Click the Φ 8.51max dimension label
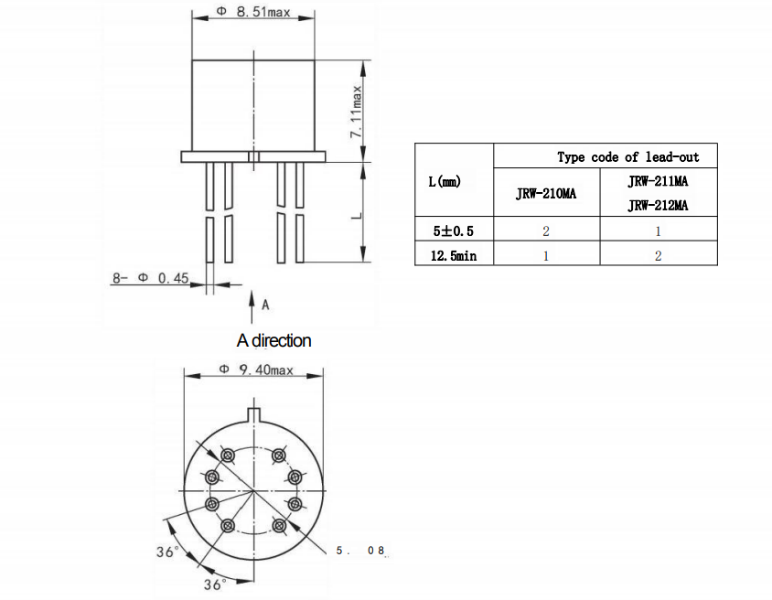tap(252, 14)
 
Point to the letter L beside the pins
tap(357, 216)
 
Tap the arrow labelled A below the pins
tap(253, 302)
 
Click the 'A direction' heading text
tap(273, 340)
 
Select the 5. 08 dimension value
tap(361, 551)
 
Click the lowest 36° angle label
tap(214, 584)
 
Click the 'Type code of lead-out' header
tap(627, 157)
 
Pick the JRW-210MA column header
tap(546, 194)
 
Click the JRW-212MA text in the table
tap(658, 206)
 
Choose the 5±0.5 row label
tap(454, 230)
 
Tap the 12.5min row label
tap(454, 255)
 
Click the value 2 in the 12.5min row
tap(658, 255)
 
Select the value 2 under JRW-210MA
tap(546, 230)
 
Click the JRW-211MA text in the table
tap(658, 182)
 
